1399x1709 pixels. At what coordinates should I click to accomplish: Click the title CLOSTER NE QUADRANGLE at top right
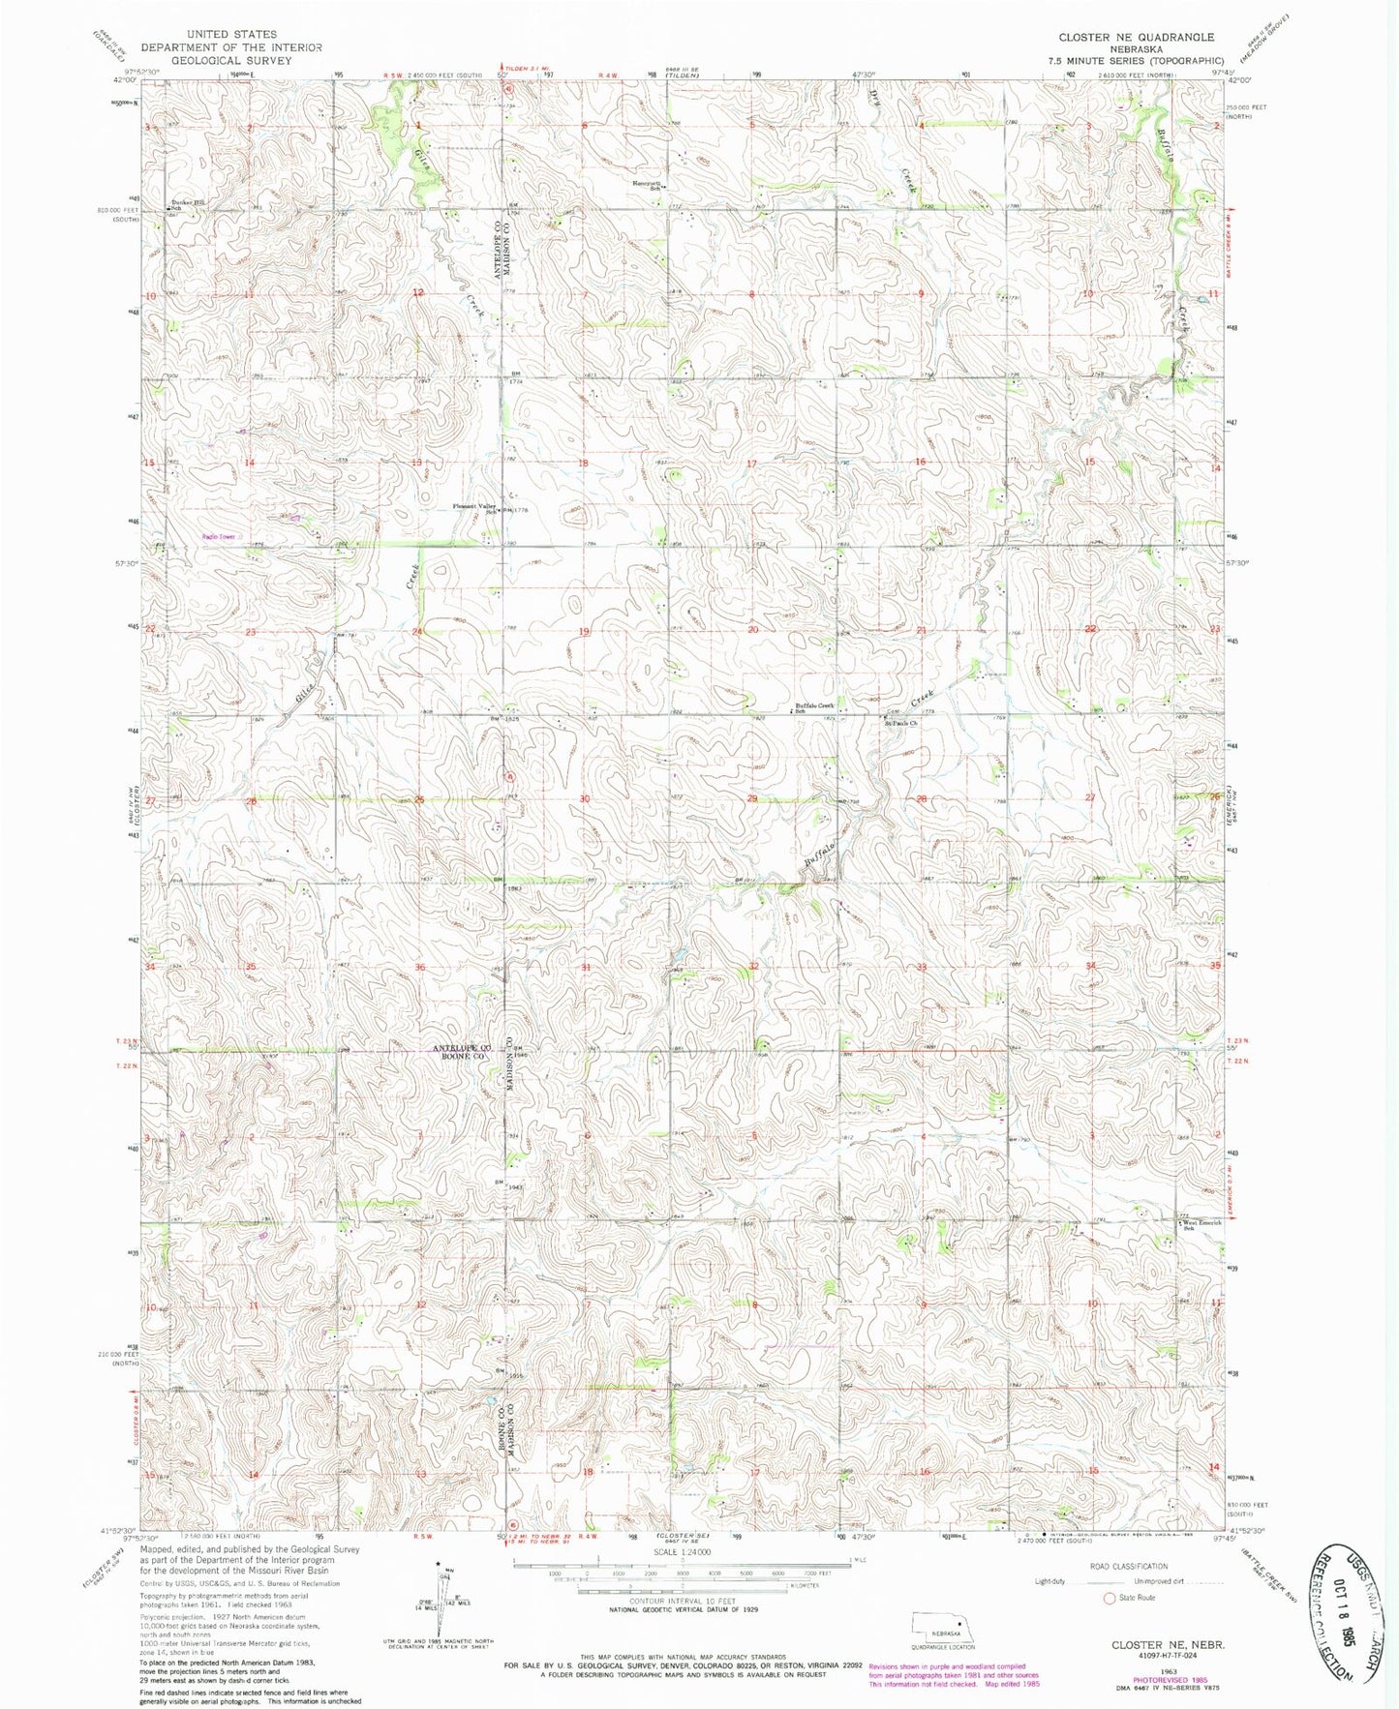click(1135, 37)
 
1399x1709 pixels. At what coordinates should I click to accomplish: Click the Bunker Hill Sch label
click(187, 204)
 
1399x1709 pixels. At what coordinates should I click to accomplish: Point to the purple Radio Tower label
click(218, 537)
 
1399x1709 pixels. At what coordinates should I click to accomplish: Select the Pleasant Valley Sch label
click(476, 508)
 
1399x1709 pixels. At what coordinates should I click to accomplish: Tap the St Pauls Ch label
click(900, 722)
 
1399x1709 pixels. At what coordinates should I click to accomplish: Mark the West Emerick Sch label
click(1200, 1224)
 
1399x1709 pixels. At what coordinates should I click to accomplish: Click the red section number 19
click(584, 632)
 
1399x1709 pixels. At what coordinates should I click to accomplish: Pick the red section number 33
click(922, 967)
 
